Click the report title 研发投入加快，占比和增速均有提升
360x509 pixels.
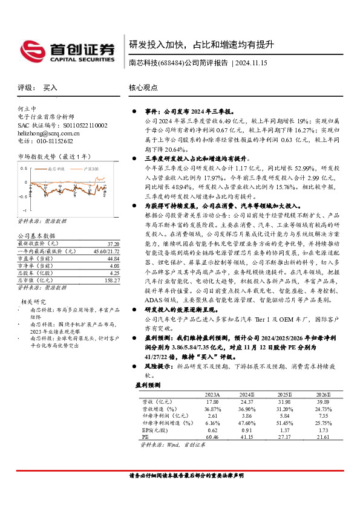[x=201, y=45]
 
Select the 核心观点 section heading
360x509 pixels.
[x=143, y=87]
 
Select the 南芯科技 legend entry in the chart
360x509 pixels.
[x=55, y=169]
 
